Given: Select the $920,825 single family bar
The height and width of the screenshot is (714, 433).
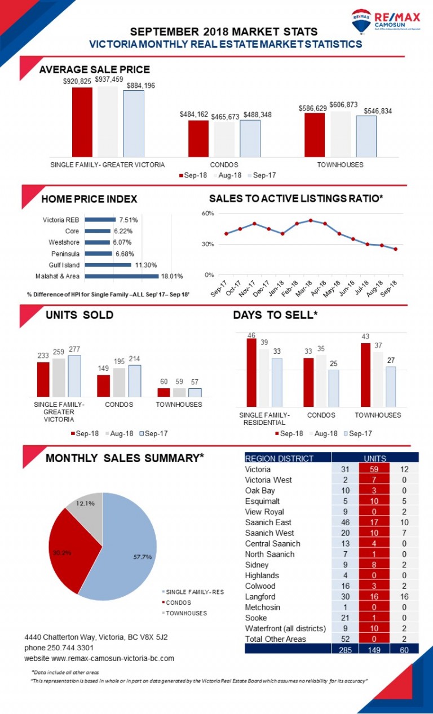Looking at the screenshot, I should (82, 122).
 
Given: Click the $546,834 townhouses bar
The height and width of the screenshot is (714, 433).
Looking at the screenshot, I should (366, 136).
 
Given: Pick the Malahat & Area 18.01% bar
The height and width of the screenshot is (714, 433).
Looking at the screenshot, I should (122, 276).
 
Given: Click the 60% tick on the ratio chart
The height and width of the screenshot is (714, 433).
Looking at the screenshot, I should (207, 214).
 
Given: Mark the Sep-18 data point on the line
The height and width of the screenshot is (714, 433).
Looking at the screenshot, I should (395, 249).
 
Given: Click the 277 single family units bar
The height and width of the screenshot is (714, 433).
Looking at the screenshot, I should (74, 376).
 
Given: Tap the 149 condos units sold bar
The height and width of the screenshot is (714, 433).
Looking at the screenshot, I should (103, 385).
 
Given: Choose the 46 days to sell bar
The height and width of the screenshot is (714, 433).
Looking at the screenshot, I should (251, 372).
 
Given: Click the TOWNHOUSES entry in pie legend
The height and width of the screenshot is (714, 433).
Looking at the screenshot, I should (186, 613).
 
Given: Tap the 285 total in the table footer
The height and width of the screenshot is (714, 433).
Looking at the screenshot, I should (346, 649).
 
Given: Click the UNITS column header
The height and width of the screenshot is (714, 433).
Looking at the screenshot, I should (374, 458).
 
